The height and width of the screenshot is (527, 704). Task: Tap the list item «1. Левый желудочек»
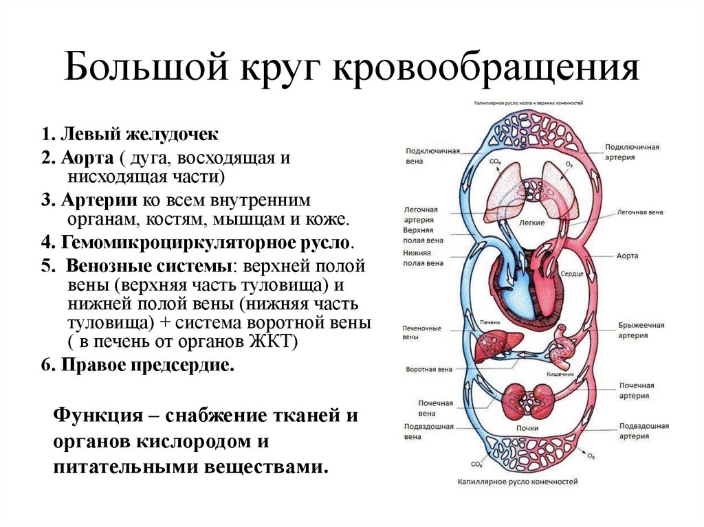(129, 133)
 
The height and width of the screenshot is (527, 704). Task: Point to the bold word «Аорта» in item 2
(87, 157)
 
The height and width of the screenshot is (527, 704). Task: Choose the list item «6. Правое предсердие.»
(137, 366)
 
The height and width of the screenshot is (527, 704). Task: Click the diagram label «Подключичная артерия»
(632, 151)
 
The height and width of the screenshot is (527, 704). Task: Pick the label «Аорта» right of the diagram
(627, 256)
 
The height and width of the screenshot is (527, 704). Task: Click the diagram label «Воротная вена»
(429, 369)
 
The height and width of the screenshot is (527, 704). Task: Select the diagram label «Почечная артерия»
(636, 390)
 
